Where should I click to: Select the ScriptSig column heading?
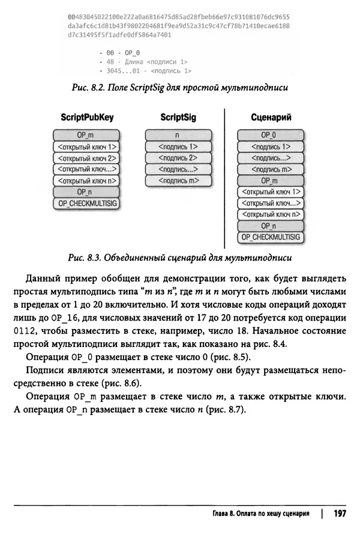tap(178, 118)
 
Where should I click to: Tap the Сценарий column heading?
tap(271, 118)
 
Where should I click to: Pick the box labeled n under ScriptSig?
tap(178, 136)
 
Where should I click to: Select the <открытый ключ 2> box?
tap(86, 158)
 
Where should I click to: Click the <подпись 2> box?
tap(178, 158)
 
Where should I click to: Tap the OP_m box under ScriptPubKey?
tap(86, 136)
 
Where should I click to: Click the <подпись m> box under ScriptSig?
tap(178, 180)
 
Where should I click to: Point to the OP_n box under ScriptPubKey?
tap(86, 191)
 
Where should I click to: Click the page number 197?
tap(340, 513)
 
